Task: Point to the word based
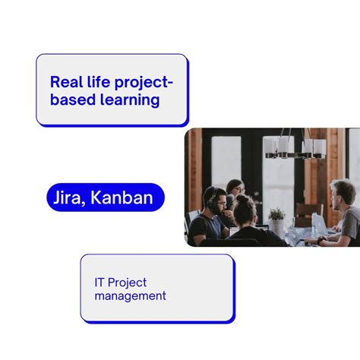70,99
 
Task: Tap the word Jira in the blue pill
66,198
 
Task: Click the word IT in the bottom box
100,283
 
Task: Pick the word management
130,296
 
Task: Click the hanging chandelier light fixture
295,147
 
